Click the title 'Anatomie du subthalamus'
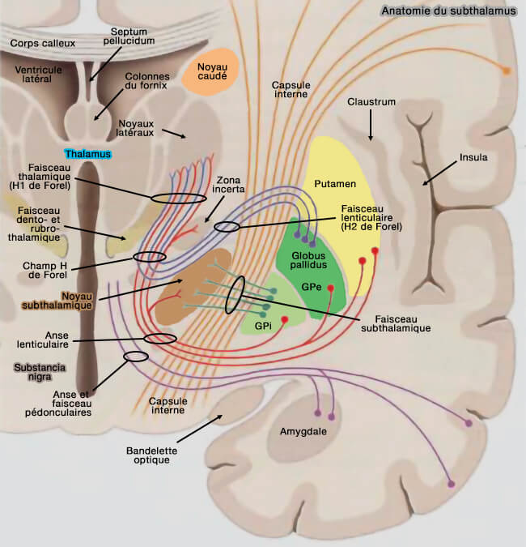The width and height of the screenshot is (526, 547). pos(449,11)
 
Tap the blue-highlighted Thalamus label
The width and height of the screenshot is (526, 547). pos(87,153)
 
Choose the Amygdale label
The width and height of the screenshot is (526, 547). pos(303,432)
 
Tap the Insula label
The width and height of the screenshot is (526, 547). pos(473,157)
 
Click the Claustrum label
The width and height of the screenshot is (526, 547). pos(371,102)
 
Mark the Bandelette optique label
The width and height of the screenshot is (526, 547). pos(147,454)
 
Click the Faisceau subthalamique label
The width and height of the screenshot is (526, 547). pos(395,323)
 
